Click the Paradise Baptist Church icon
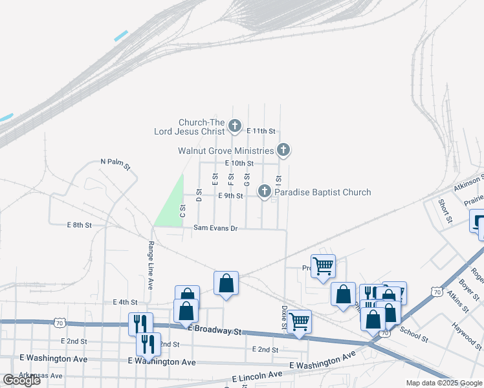click(264, 191)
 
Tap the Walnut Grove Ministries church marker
click(283, 150)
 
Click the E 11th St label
click(261, 131)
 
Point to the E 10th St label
click(239, 164)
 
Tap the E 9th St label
click(230, 196)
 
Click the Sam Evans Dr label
click(216, 228)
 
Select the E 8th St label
click(80, 225)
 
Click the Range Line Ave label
click(150, 265)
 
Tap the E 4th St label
click(126, 302)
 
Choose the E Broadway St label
click(215, 330)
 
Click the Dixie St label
click(283, 318)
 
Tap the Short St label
click(445, 211)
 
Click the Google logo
click(22, 380)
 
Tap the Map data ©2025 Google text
click(445, 383)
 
